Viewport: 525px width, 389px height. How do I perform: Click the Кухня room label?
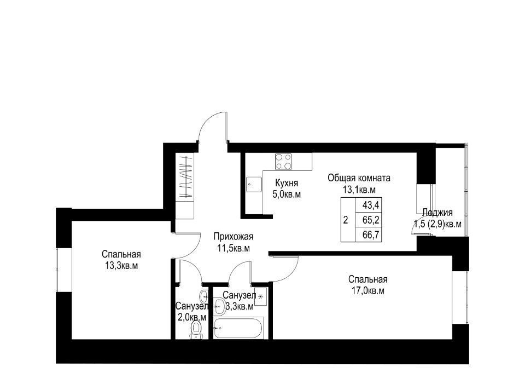coord(286,183)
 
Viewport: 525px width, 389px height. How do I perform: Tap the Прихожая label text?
coord(234,237)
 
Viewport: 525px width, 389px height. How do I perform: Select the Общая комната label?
coord(359,178)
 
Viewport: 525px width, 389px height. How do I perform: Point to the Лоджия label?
coord(437,212)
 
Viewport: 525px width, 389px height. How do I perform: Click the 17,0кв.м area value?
coord(367,291)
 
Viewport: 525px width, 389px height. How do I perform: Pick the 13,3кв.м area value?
coord(121,266)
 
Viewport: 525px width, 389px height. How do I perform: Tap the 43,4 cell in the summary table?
coord(371,204)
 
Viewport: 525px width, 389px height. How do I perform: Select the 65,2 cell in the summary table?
coord(371,220)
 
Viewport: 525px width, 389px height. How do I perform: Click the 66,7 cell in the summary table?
coord(371,234)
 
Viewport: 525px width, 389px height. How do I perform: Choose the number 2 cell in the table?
coord(346,220)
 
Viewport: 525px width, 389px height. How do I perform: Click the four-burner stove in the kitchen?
coord(283,161)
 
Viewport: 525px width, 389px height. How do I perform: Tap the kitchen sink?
coord(253,185)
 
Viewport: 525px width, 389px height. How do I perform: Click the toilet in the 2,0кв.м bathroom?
coord(196,330)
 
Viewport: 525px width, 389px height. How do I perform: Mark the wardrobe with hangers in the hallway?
coord(185,186)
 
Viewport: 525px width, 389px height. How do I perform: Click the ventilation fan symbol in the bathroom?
coord(261,296)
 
